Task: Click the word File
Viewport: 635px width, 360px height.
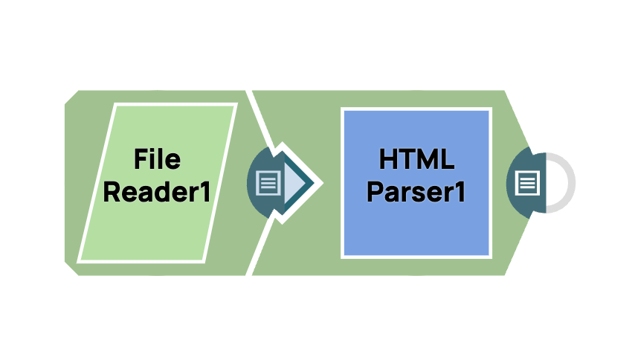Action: (157, 158)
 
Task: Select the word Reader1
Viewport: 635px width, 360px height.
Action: (157, 192)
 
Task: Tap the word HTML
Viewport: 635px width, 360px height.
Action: (416, 158)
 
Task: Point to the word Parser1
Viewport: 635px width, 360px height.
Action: (416, 192)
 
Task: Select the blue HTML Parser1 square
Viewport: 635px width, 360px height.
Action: (416, 231)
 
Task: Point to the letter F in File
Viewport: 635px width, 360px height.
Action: (141, 158)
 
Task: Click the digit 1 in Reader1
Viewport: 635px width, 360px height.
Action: (204, 192)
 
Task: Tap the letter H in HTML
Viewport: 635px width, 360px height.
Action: (387, 158)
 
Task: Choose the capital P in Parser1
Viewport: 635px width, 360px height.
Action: (375, 192)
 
